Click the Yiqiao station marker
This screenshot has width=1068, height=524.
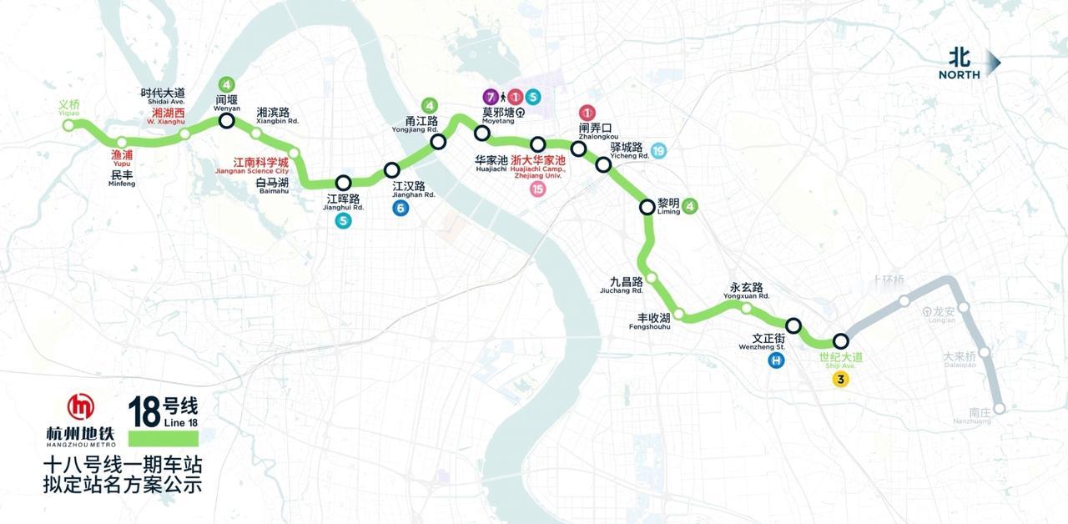[x=69, y=125]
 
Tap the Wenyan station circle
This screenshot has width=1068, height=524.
[x=226, y=122]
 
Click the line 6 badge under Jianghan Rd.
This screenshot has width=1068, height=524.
[x=401, y=209]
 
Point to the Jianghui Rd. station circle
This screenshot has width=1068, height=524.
[x=343, y=183]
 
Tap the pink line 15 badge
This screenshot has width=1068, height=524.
[x=537, y=189]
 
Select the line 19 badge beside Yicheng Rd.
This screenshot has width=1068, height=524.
[x=659, y=151]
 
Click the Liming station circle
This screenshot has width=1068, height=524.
[x=647, y=207]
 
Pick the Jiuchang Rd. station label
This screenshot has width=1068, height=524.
[x=625, y=285]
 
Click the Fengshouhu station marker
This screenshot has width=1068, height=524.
[x=679, y=314]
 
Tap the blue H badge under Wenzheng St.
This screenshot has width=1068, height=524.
[x=777, y=361]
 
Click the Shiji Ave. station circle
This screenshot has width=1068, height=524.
[x=841, y=340]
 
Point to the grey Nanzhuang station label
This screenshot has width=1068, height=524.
[x=980, y=416]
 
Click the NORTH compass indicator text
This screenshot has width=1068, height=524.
[x=959, y=75]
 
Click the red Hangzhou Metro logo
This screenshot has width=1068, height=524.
[x=81, y=406]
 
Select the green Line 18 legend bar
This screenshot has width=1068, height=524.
[x=164, y=438]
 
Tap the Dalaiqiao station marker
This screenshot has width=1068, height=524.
[x=984, y=352]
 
